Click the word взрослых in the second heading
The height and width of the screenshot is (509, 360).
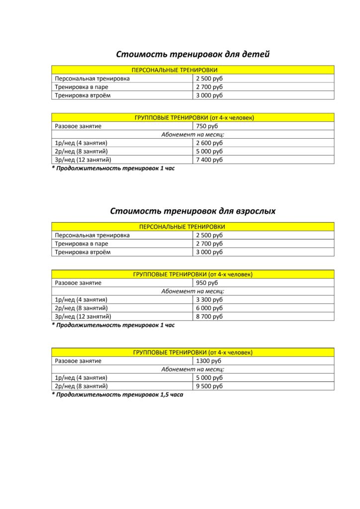[x=256, y=211]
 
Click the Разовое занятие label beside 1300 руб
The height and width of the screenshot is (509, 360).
[x=78, y=361]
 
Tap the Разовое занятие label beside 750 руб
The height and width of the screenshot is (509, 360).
[x=78, y=126]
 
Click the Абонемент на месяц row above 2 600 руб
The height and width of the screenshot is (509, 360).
[x=192, y=135]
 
